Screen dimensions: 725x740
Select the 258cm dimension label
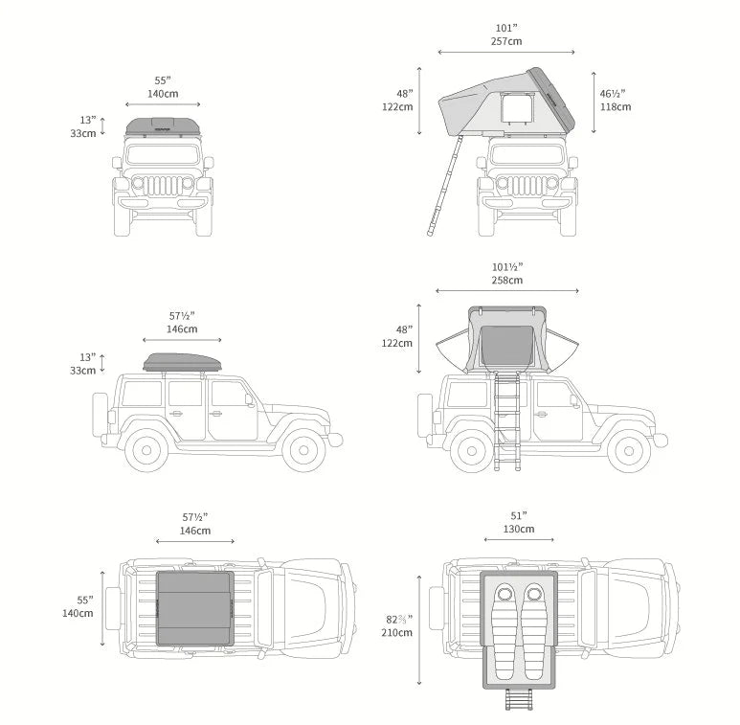[x=507, y=280]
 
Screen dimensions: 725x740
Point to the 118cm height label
[x=616, y=106]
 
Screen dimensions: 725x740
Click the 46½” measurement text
[x=613, y=94]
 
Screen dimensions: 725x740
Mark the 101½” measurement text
[x=507, y=266]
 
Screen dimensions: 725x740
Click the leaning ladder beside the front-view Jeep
[x=445, y=186]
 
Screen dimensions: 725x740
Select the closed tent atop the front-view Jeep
[x=164, y=126]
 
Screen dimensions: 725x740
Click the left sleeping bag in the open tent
[x=505, y=620]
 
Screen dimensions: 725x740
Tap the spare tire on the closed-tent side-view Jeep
[x=101, y=415]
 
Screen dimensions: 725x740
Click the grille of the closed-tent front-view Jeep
[x=164, y=184]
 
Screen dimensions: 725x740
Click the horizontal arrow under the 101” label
[x=507, y=52]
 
